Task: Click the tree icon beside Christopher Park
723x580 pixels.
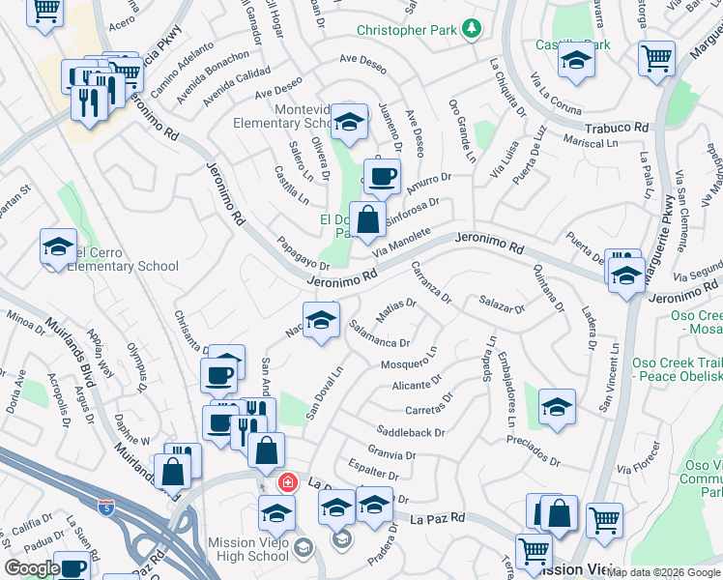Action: (472, 29)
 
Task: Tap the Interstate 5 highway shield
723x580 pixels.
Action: (108, 507)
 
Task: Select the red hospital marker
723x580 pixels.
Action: (287, 481)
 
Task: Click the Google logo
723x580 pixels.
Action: (31, 568)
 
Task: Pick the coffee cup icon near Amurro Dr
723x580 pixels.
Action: (382, 177)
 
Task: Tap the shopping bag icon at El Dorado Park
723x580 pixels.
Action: (368, 219)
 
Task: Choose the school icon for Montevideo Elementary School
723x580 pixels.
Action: (349, 122)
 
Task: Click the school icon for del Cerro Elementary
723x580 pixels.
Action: (59, 246)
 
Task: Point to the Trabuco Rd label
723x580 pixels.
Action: (616, 127)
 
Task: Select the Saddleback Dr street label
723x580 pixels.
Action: (411, 432)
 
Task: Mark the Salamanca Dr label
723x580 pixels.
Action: (379, 333)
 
